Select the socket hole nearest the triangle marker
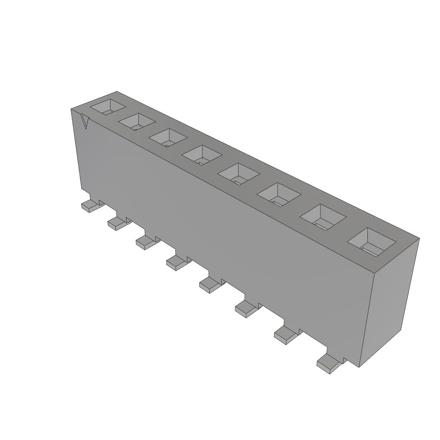click(x=108, y=107)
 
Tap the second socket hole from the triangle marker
click(x=137, y=122)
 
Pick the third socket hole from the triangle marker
click(x=168, y=138)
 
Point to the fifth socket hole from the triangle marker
click(x=238, y=174)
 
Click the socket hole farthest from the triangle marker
click(x=371, y=241)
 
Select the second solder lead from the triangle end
click(x=117, y=223)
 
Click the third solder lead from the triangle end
click(x=146, y=241)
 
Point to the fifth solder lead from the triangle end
click(x=210, y=284)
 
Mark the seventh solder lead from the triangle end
click(x=285, y=335)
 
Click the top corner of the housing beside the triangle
click(x=71, y=110)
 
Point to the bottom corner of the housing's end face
click(x=360, y=367)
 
